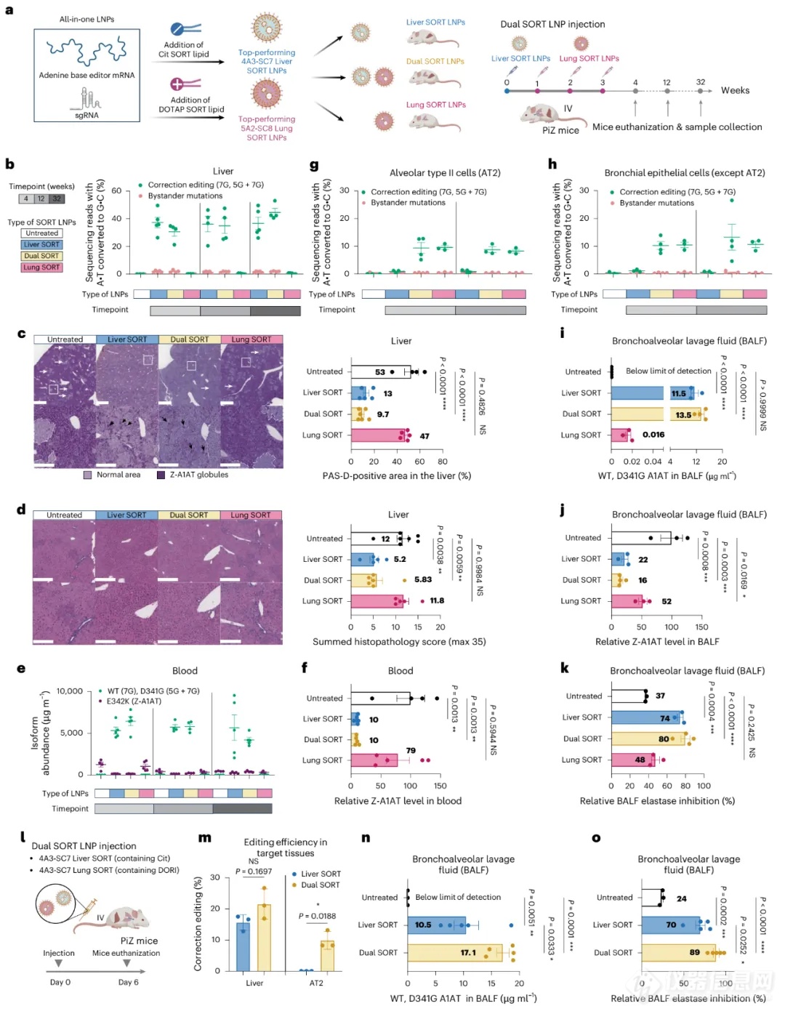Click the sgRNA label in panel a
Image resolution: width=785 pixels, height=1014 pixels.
tap(86, 115)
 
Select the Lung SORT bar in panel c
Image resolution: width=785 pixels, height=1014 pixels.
tap(378, 435)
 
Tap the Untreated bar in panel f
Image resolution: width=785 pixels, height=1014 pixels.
tap(380, 698)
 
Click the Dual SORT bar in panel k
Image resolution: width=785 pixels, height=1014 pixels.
tap(647, 739)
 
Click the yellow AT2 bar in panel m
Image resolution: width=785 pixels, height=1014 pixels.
tap(327, 954)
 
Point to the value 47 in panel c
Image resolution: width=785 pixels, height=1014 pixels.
tap(424, 436)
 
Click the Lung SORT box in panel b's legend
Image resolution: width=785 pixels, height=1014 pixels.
tap(41, 267)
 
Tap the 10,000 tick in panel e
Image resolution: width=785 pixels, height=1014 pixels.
tap(70, 691)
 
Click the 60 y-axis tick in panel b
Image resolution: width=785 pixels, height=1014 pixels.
tap(116, 190)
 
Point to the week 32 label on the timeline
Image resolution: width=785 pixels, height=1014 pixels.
tap(700, 82)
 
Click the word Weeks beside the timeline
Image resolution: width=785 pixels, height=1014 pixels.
tap(735, 90)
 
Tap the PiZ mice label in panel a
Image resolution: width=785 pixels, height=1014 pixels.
tap(560, 130)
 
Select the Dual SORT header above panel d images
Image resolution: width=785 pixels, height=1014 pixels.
tap(188, 515)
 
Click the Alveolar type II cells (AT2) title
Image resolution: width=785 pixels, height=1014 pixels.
tap(445, 173)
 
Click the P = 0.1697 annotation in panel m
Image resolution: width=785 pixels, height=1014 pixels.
tap(254, 871)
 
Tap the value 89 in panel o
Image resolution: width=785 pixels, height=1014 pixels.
tap(695, 952)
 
